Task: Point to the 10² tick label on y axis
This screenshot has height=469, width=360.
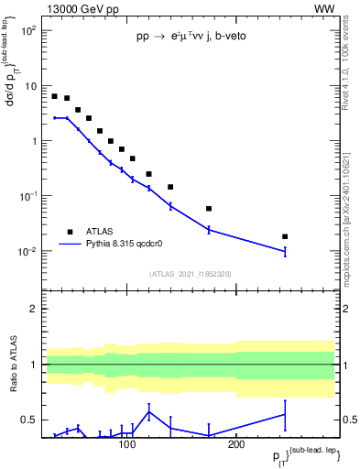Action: [27, 31]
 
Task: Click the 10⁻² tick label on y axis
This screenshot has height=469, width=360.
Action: [27, 252]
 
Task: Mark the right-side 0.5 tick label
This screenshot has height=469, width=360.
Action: [349, 420]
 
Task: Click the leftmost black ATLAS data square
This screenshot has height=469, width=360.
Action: [54, 95]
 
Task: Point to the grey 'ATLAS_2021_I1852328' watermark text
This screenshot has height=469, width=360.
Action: [191, 274]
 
